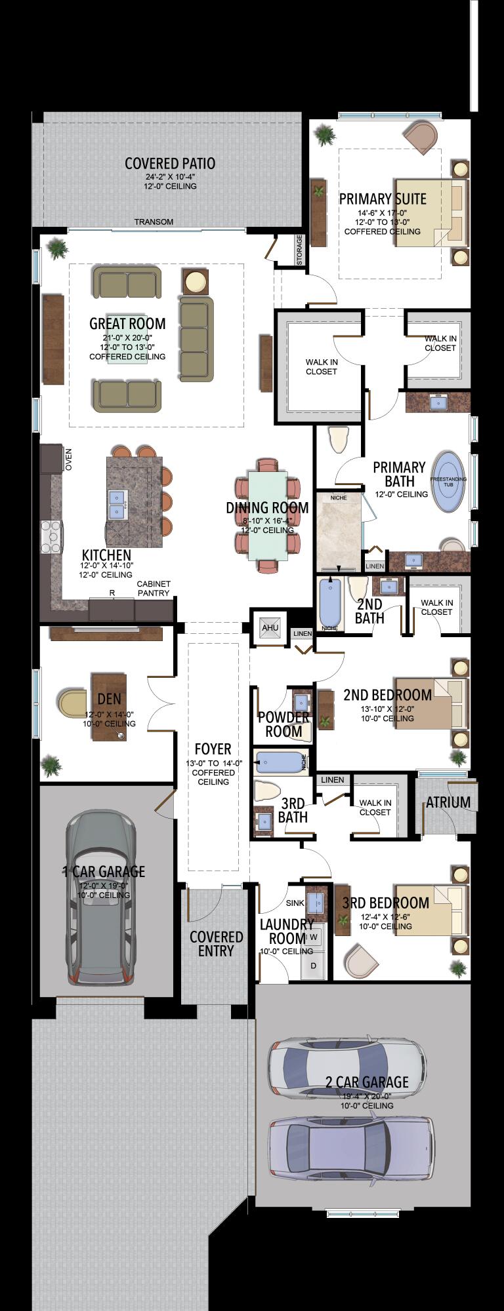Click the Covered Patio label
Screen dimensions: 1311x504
[x=170, y=164]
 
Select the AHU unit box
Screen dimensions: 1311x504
[x=270, y=627]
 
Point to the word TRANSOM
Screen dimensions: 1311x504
[x=154, y=222]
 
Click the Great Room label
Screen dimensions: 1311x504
[x=127, y=323]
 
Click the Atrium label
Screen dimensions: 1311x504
[x=448, y=802]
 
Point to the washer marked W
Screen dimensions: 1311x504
[x=314, y=937]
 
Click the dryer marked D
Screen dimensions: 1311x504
[x=314, y=966]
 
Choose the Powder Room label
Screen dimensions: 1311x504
[x=283, y=724]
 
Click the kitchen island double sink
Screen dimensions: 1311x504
[x=117, y=503]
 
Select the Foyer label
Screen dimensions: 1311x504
[x=213, y=749]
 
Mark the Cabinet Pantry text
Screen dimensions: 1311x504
[x=154, y=588]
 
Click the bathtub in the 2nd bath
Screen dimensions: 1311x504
[x=330, y=604]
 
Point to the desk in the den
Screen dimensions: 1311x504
[x=108, y=707]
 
